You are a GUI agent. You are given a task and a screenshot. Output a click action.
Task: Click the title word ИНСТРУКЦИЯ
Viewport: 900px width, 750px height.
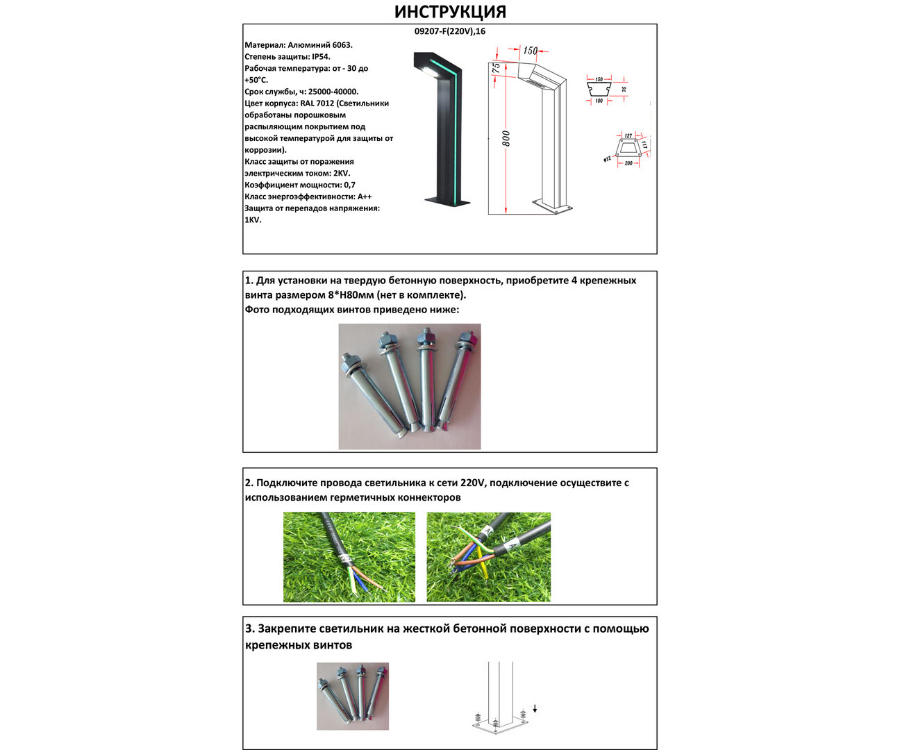(450, 12)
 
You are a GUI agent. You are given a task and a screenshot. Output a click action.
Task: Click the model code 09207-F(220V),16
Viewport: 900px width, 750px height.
(449, 31)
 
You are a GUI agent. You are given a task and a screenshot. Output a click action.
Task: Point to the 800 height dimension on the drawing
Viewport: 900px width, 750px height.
(506, 138)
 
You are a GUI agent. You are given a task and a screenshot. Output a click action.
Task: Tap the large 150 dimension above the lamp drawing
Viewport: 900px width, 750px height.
(530, 51)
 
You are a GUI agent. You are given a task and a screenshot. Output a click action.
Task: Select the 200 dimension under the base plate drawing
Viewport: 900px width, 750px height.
(628, 163)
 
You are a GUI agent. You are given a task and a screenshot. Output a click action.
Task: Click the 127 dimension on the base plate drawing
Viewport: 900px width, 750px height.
(628, 135)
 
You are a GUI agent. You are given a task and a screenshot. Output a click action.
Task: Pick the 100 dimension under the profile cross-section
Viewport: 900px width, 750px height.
(599, 101)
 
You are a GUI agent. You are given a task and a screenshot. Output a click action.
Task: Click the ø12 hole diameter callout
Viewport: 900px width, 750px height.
(606, 160)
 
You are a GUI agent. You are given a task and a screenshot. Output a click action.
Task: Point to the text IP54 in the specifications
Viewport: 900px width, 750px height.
(321, 57)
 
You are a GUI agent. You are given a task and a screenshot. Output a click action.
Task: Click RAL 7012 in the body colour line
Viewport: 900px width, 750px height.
(317, 103)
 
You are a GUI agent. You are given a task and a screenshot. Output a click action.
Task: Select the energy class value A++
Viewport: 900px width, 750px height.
(364, 197)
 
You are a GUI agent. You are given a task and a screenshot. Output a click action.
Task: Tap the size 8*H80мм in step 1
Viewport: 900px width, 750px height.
(351, 295)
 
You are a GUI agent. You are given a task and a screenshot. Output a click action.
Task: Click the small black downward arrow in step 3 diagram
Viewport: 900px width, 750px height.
(535, 709)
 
